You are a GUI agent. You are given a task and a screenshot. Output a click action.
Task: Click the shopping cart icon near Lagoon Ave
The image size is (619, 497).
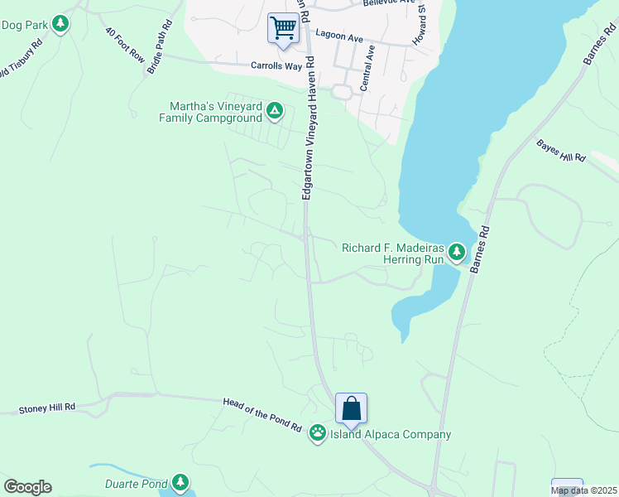(x=283, y=28)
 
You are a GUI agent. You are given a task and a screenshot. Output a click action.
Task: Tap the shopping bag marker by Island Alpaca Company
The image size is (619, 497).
(x=351, y=408)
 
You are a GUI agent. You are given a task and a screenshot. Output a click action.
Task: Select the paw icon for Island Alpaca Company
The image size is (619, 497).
(x=317, y=432)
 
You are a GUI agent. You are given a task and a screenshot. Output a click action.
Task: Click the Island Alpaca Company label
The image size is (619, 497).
(x=391, y=434)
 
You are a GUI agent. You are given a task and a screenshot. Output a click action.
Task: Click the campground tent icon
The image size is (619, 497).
(x=275, y=110)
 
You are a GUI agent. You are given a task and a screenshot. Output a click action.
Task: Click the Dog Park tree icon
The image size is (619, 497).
(x=60, y=24)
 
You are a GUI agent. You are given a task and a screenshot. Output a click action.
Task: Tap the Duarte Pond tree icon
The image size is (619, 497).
(x=180, y=482)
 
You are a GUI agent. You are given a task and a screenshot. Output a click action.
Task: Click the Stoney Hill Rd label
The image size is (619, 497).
(x=47, y=408)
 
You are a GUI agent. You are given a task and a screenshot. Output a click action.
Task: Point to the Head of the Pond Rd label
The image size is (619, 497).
(x=262, y=413)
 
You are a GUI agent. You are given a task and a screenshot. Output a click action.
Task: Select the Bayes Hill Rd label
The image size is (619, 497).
(x=561, y=152)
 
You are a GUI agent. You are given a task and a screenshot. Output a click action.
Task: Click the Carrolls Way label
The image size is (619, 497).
(x=279, y=65)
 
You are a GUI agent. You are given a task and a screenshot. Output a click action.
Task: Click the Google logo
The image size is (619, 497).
(x=27, y=487)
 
